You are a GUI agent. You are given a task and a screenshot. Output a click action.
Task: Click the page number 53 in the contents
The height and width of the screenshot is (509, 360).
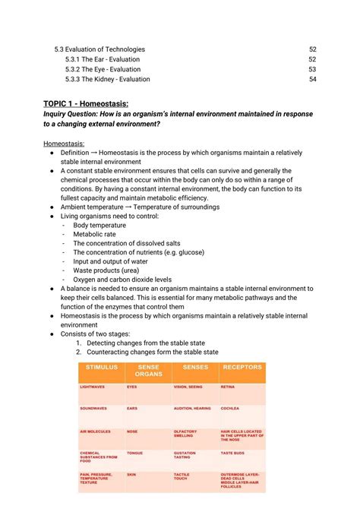click(312, 69)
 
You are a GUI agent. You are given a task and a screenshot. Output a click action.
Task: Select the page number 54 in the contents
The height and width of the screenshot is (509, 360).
click(312, 79)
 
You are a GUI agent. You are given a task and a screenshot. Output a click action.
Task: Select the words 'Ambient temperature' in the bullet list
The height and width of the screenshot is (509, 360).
click(95, 207)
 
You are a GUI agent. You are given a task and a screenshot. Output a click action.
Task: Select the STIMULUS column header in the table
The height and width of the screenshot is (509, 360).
click(102, 368)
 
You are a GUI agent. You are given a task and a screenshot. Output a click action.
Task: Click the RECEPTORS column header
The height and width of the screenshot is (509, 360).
click(242, 368)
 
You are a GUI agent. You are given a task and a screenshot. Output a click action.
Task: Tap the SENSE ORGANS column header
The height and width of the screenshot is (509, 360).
click(148, 371)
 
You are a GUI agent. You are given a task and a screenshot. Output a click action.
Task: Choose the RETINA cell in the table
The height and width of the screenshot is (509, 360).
click(228, 387)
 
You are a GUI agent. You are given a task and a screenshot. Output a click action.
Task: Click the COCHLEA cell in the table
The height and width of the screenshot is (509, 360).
click(231, 409)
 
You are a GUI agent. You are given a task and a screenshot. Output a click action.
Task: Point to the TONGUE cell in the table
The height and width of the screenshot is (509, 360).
click(134, 453)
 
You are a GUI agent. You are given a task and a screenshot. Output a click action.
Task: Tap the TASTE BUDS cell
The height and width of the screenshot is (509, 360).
click(233, 453)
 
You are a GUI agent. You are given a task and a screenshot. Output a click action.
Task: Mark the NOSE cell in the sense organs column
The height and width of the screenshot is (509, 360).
click(132, 431)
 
